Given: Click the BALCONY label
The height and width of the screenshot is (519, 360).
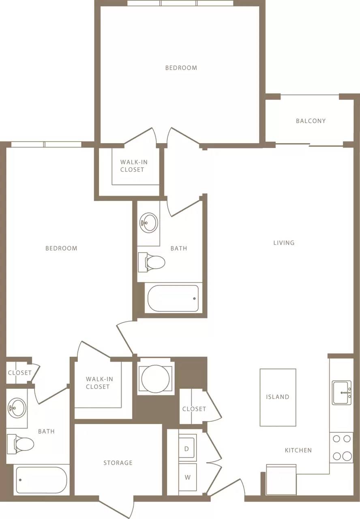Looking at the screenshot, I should click(x=311, y=121).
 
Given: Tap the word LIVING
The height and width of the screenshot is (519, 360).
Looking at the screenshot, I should click(x=284, y=243).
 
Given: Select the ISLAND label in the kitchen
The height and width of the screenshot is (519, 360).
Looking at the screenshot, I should click(x=278, y=397).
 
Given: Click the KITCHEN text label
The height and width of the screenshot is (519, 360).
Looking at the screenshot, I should click(x=298, y=450).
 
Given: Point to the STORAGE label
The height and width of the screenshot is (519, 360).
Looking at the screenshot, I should click(x=118, y=463).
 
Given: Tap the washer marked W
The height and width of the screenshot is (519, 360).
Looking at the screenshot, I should click(x=187, y=477).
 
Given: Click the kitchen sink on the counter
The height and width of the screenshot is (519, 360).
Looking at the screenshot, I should click(x=342, y=392).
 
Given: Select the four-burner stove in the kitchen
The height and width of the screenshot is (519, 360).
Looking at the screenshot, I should click(x=342, y=448).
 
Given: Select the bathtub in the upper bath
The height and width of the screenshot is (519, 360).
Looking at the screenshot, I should click(x=173, y=298).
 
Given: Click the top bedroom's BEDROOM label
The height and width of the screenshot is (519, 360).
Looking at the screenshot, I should click(x=181, y=68).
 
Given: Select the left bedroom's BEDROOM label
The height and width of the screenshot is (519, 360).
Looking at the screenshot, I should click(x=61, y=248).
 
